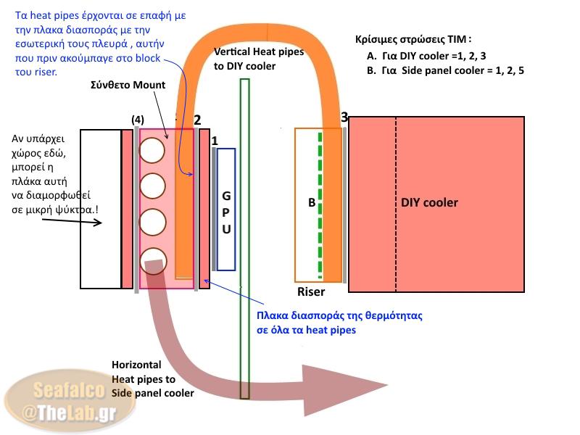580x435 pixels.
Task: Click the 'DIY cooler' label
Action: [x=429, y=202]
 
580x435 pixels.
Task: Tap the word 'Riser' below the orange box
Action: [x=311, y=292]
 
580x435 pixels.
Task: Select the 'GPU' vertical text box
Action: [x=225, y=209]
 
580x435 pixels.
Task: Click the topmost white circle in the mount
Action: [x=152, y=150]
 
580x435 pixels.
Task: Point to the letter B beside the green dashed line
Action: [x=312, y=203]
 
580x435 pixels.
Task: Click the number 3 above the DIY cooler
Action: [x=344, y=117]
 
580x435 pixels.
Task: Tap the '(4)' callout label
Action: [x=138, y=119]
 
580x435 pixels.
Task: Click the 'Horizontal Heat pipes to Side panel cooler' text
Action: [x=153, y=378]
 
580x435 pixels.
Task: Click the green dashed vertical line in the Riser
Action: [x=320, y=203]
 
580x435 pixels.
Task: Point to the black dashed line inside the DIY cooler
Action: [x=396, y=203]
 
